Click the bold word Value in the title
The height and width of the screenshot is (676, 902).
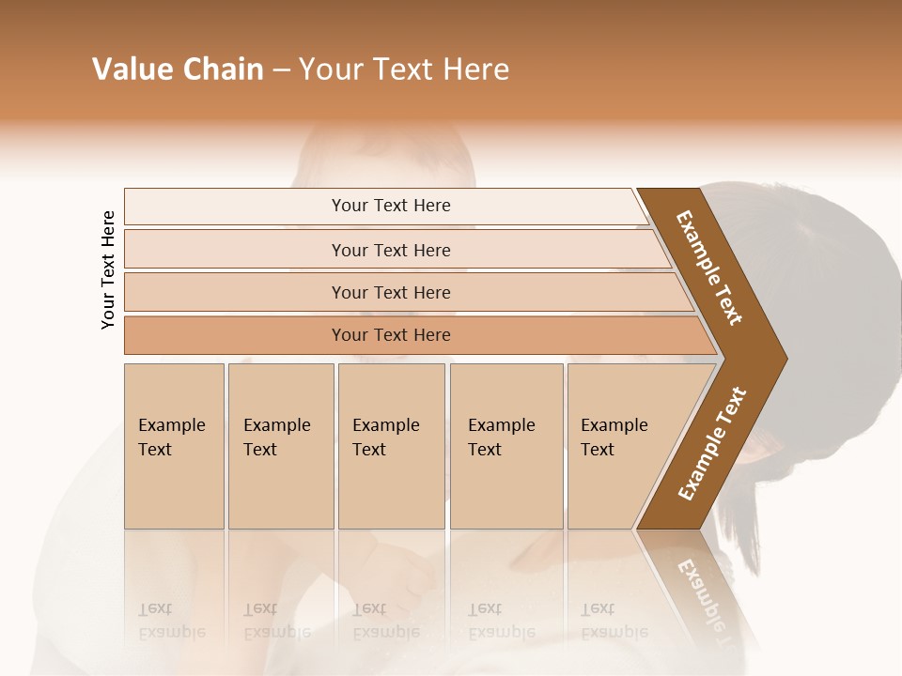(x=132, y=69)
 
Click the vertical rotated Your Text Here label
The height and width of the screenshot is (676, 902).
(x=108, y=269)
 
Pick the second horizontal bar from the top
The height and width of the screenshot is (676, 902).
(x=391, y=250)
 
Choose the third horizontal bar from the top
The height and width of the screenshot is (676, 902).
(x=391, y=292)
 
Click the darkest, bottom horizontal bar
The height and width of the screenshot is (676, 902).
(x=391, y=335)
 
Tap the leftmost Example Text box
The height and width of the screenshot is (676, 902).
(x=174, y=446)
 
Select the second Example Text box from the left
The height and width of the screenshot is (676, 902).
(x=280, y=446)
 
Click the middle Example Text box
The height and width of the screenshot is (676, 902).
(x=391, y=446)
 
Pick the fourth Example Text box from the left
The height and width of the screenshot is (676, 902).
(x=505, y=446)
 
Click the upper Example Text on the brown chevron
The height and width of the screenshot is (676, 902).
(x=709, y=268)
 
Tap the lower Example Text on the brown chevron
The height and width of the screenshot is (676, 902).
(x=712, y=443)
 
